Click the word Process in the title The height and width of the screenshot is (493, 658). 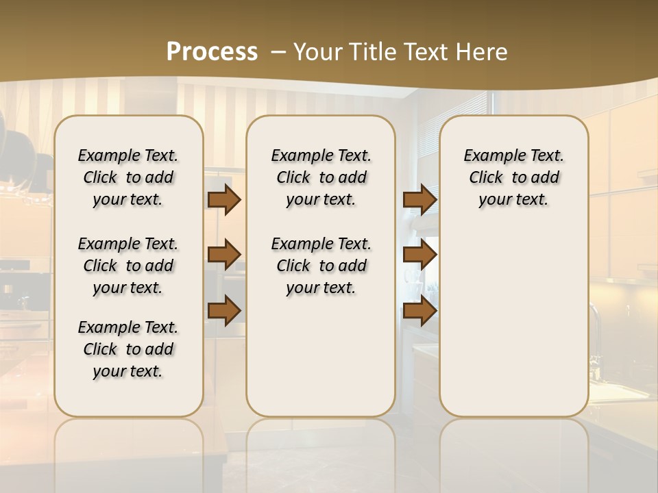click(212, 51)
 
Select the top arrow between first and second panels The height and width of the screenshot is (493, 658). click(224, 200)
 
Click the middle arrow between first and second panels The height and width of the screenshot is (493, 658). click(224, 255)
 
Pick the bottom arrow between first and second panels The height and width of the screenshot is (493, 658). click(224, 311)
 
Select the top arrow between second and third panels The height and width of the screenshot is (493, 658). click(419, 200)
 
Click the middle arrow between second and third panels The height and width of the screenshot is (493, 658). click(419, 255)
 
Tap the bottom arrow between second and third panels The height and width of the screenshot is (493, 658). click(419, 311)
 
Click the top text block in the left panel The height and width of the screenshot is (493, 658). click(128, 177)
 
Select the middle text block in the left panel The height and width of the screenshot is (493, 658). click(128, 266)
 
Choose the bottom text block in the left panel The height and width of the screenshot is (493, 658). click(128, 349)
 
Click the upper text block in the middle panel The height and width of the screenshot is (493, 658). click(321, 177)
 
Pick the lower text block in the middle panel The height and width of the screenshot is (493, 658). click(321, 266)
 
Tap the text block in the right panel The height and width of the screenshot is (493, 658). click(513, 177)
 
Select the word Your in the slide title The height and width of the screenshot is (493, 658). click(316, 51)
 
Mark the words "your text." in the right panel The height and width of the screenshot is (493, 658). click(513, 199)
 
